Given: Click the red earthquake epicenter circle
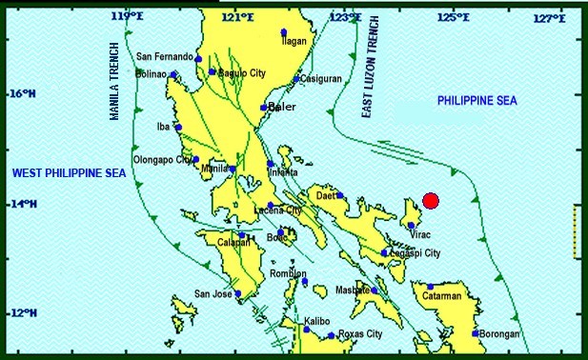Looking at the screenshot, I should [x=431, y=200].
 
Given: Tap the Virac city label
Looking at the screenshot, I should [x=420, y=230].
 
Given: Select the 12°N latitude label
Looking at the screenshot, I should [x=22, y=313].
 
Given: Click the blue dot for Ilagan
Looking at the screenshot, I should [x=284, y=33].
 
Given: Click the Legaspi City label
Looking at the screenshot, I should [x=416, y=253].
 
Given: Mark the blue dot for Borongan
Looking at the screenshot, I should [x=475, y=333].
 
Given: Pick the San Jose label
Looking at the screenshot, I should [x=213, y=293].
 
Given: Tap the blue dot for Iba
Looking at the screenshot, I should [x=178, y=127].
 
